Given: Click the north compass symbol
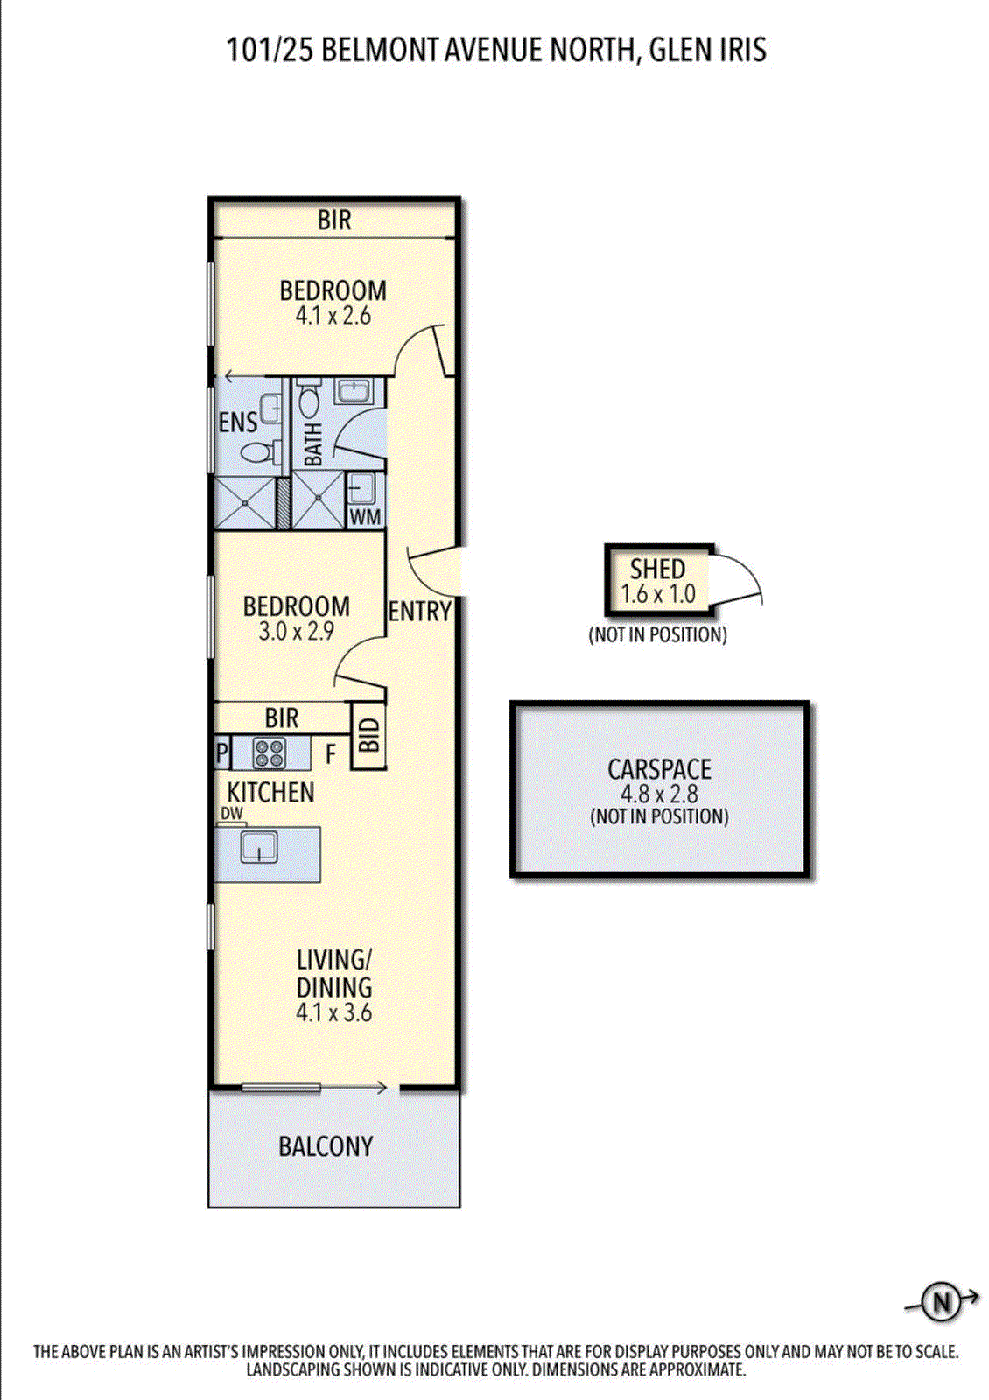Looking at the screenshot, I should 942,1303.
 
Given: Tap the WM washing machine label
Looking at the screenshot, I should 365,517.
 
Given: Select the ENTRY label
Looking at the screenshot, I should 420,612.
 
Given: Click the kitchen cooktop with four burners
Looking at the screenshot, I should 270,752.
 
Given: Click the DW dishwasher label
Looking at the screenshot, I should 232,814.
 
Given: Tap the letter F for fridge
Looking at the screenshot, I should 331,753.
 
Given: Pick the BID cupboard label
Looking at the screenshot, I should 368,736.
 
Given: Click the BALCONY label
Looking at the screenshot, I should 326,1146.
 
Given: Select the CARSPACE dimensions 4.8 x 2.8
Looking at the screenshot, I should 659,794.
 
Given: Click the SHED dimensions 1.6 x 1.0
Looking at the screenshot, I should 658,594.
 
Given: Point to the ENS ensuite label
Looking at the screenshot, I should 237,423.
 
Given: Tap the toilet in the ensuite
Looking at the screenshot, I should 256,452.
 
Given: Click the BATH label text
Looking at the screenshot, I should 313,444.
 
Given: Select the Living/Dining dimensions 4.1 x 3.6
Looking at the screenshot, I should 333,1013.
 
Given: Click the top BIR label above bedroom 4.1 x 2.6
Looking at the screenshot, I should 334,220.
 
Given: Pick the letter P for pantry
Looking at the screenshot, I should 221,753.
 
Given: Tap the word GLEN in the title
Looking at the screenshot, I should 678,50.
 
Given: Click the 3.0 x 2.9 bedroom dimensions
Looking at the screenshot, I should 296,631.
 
